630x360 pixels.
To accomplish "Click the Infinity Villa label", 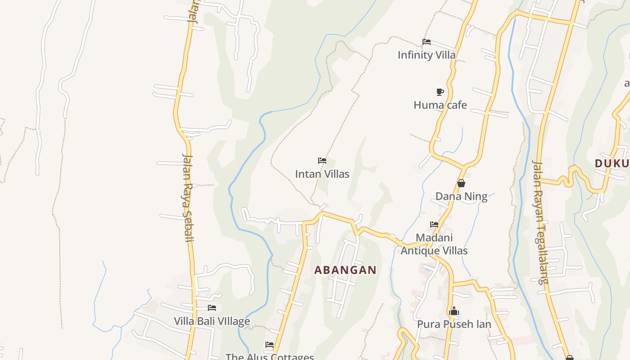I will (x=426, y=55).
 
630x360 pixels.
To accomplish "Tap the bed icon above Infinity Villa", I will (x=427, y=42).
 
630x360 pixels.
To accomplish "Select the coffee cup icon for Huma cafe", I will (x=440, y=92).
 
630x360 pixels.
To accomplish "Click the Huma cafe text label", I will (x=440, y=105).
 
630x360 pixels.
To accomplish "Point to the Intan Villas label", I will (x=322, y=174).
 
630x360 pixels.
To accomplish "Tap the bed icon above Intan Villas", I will (x=322, y=161).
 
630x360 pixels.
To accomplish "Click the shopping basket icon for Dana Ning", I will (x=461, y=183).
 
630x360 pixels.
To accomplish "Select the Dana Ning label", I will (x=461, y=196).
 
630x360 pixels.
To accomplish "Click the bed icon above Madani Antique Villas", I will (x=434, y=224).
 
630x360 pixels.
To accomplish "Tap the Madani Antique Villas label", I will (x=434, y=244).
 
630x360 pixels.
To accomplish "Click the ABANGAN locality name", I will (x=345, y=270).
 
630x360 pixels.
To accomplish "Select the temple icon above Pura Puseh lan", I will (x=454, y=311).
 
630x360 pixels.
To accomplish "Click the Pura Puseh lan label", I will (x=454, y=324).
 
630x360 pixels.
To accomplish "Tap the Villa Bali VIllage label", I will (x=212, y=321).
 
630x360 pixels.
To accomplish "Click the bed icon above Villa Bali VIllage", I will (x=212, y=308).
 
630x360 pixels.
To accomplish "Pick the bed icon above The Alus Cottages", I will (x=270, y=345).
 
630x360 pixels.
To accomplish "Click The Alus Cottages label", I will (x=270, y=356).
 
